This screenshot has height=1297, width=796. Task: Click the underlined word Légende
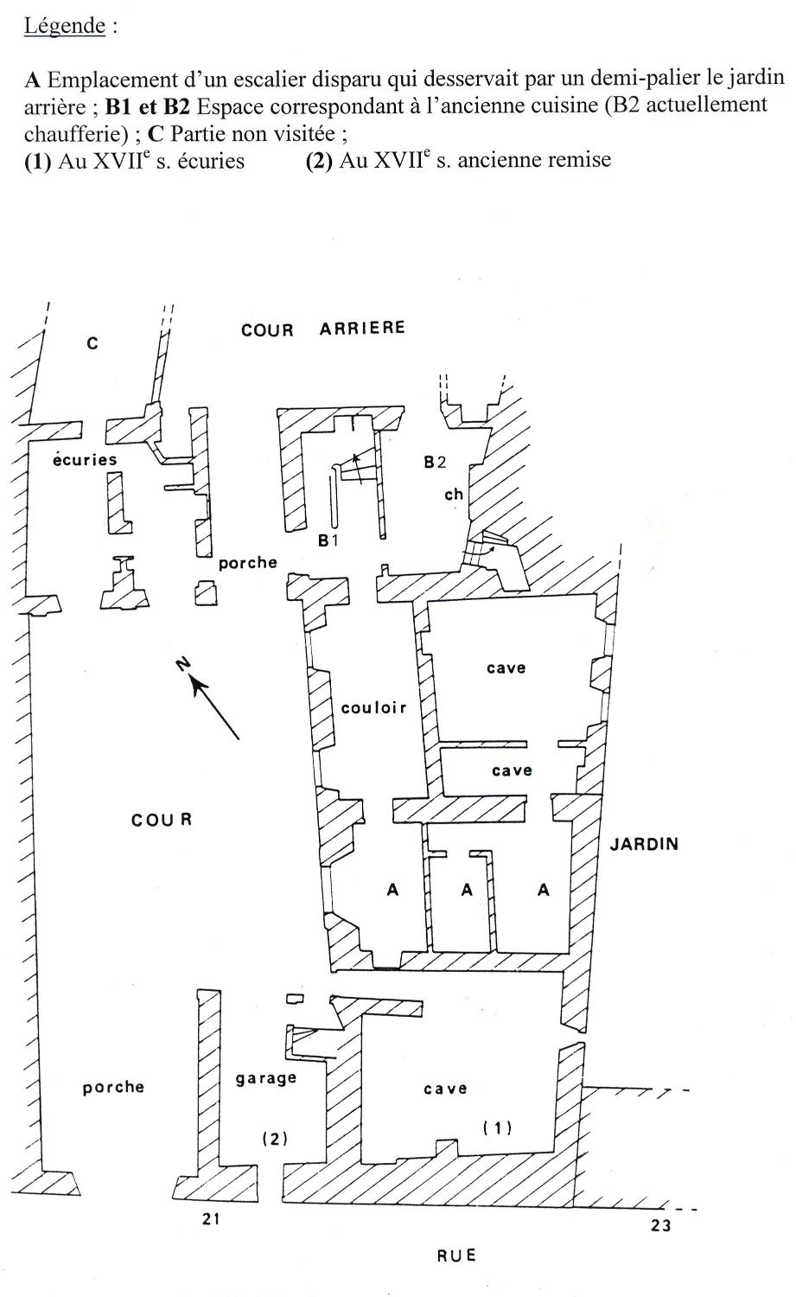(64, 26)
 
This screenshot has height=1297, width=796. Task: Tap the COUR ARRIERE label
(323, 329)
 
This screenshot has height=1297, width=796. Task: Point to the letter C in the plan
(92, 344)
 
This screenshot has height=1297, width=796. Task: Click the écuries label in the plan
(85, 459)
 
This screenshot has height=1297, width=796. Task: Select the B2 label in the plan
(436, 462)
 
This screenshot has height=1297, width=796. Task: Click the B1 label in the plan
(328, 540)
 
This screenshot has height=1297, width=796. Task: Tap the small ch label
(454, 494)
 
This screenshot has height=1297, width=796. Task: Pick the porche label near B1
(248, 563)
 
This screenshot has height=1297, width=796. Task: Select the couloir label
(374, 707)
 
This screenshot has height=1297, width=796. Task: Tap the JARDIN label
(644, 844)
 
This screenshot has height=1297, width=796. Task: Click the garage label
(266, 1079)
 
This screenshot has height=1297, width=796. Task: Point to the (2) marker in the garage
(275, 1139)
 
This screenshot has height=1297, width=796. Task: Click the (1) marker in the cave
(498, 1128)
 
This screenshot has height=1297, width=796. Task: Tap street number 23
(660, 1225)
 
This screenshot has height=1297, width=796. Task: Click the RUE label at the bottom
(456, 1255)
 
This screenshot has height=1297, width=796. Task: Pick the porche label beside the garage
(113, 1088)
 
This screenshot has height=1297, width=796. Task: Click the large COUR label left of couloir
(162, 820)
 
